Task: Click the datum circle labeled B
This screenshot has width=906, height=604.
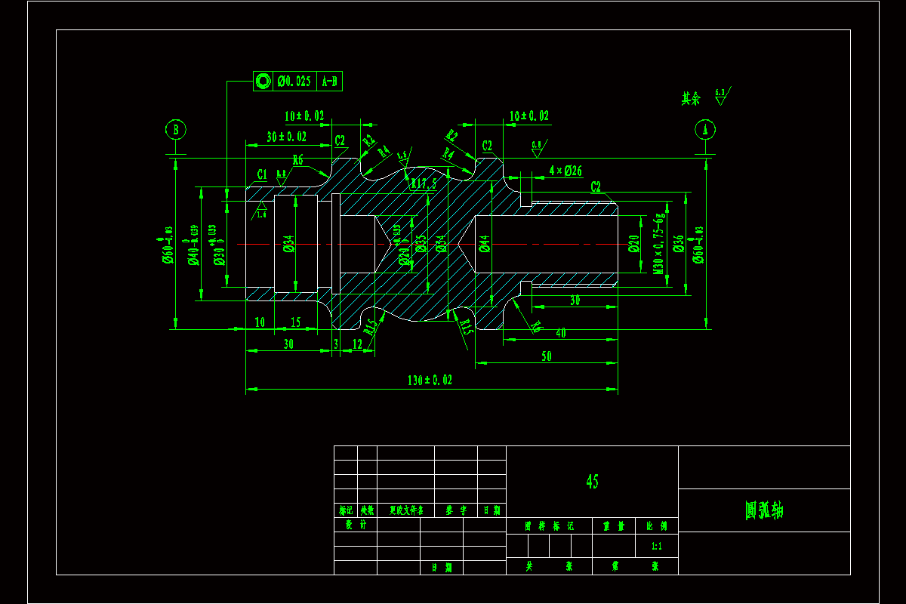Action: tap(175, 130)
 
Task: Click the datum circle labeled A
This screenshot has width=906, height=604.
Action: tap(706, 130)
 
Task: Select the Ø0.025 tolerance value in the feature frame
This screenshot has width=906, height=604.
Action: tap(294, 82)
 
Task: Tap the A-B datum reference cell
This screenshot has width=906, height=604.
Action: tap(330, 82)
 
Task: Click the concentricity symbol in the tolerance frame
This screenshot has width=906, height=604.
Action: tap(263, 82)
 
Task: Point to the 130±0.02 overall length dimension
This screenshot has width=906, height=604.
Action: tap(430, 381)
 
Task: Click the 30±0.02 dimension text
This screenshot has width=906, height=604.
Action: tap(286, 137)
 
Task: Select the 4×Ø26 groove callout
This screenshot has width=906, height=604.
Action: tap(565, 170)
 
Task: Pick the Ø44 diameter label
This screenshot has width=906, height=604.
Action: tap(484, 243)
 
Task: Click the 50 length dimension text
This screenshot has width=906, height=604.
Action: tap(547, 356)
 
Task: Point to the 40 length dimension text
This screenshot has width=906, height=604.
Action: tap(560, 333)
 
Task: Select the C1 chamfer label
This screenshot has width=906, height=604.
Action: tap(262, 175)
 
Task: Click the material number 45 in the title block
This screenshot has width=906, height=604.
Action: tap(592, 481)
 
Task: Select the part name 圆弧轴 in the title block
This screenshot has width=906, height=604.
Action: tap(764, 510)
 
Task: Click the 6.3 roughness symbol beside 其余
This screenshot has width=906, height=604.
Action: tap(721, 96)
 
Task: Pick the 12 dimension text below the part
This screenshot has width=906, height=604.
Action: tap(358, 344)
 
